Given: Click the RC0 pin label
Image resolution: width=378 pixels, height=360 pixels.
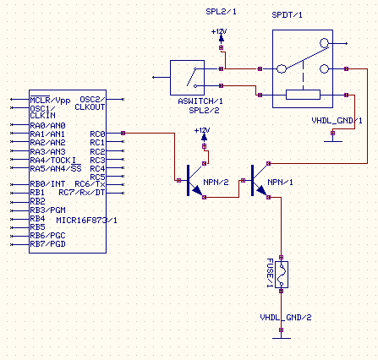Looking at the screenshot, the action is (x=97, y=134).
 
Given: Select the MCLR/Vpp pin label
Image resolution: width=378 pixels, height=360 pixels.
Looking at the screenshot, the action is (x=50, y=101).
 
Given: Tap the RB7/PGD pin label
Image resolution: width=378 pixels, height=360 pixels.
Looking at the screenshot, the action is (x=48, y=244).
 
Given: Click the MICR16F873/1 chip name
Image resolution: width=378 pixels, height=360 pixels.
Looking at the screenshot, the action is (x=87, y=221).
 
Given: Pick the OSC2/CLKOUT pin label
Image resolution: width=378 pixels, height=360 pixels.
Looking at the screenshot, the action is (x=90, y=103).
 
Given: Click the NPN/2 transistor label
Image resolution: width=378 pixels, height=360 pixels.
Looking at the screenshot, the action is (x=216, y=183).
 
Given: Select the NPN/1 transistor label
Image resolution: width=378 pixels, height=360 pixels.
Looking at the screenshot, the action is (x=280, y=183).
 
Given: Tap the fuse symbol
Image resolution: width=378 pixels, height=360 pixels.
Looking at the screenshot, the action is (x=282, y=275).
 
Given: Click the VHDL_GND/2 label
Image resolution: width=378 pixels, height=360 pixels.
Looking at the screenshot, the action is (x=286, y=318).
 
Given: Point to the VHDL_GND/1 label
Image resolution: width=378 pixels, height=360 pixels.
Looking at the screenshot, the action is (x=337, y=121).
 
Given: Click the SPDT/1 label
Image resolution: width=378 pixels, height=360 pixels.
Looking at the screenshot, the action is (x=287, y=15).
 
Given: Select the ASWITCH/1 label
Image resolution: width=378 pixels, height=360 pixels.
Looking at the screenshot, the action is (x=200, y=101).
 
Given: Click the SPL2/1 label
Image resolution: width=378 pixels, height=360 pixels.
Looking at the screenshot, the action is (x=222, y=12).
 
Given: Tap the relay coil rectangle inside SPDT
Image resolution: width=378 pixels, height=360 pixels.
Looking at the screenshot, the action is (x=303, y=95).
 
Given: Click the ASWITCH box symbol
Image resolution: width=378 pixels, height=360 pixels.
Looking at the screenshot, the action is (x=187, y=78).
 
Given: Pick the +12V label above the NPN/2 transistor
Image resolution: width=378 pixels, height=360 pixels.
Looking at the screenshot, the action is (x=202, y=130).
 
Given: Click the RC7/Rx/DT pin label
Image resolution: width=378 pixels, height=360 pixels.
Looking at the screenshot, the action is (x=82, y=193).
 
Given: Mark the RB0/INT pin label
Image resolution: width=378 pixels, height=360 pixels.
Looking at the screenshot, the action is (x=47, y=184).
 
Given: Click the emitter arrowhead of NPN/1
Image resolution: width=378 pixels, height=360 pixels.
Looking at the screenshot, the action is (x=262, y=191).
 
